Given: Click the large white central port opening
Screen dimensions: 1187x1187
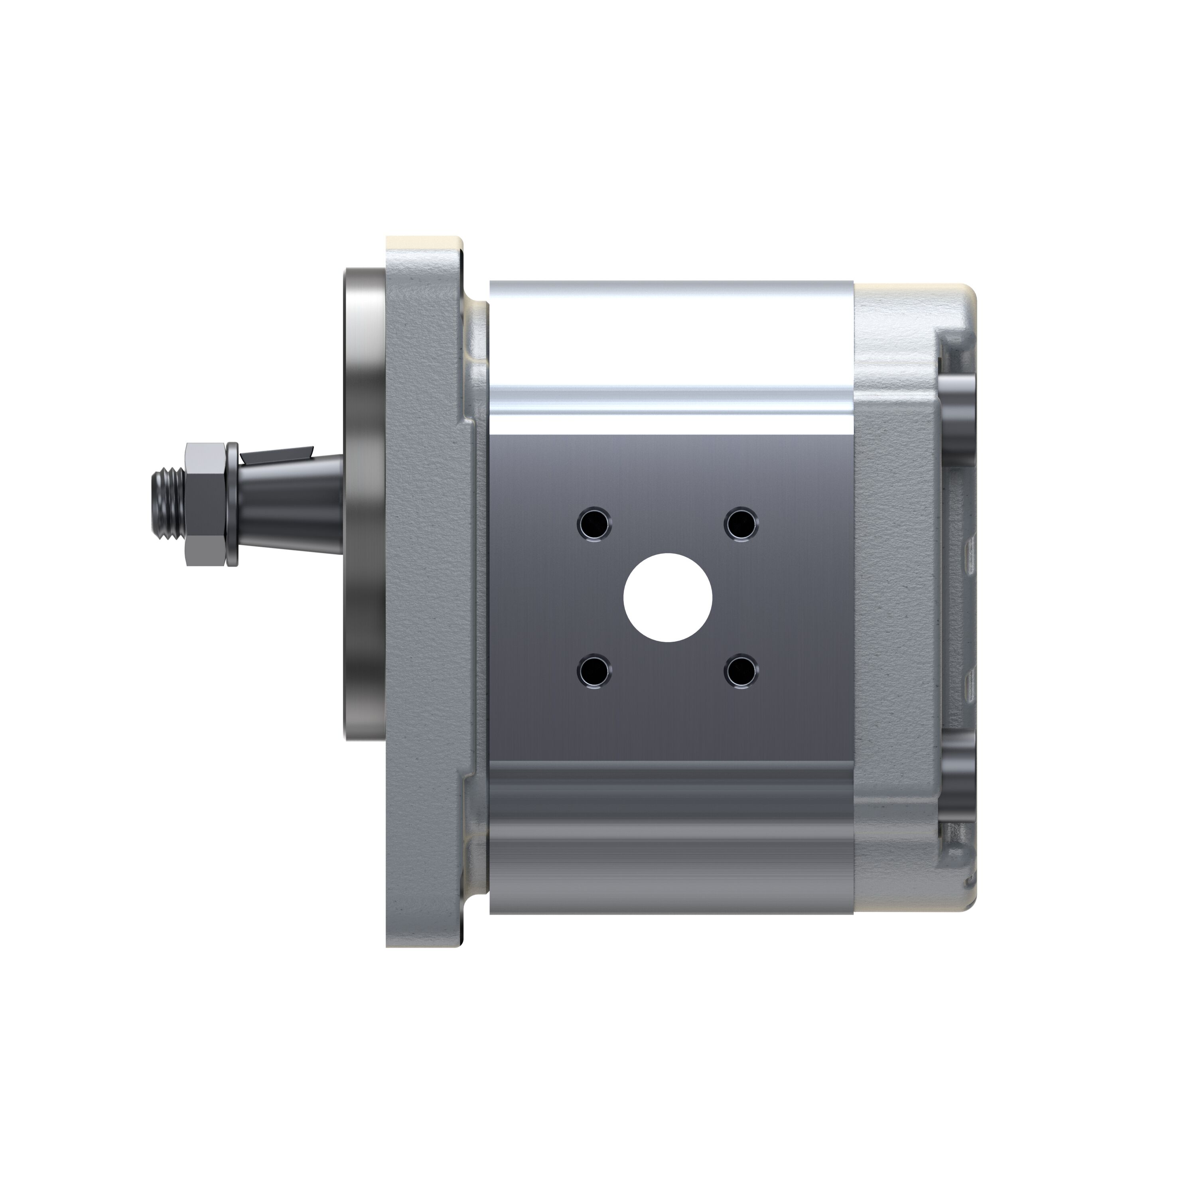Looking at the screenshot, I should pyautogui.click(x=668, y=598).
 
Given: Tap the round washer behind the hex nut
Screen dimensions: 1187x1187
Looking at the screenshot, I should pyautogui.click(x=232, y=504).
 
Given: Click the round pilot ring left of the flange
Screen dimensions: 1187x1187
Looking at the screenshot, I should pyautogui.click(x=363, y=504).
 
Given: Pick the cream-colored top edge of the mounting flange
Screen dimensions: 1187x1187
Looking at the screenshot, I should pyautogui.click(x=424, y=243).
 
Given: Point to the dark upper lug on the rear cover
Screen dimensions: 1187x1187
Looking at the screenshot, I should pyautogui.click(x=958, y=418).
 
